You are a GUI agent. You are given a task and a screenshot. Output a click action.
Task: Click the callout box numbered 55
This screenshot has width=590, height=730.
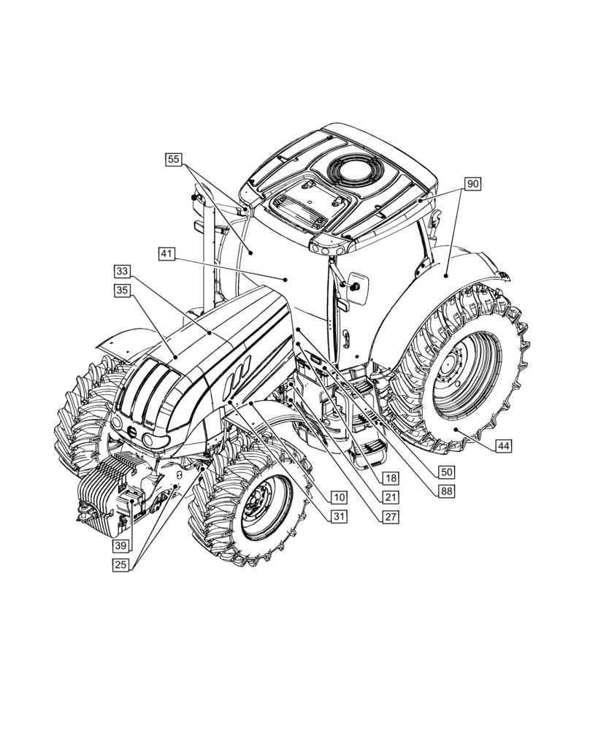click(174, 158)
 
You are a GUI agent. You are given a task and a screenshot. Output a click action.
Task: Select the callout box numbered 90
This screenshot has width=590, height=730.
click(472, 184)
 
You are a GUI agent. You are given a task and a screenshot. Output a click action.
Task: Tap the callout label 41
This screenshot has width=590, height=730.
click(167, 254)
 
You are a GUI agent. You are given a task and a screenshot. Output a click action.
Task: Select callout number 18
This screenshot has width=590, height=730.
click(391, 478)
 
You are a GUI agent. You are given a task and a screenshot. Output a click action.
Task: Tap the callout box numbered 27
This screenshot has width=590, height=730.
click(391, 517)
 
